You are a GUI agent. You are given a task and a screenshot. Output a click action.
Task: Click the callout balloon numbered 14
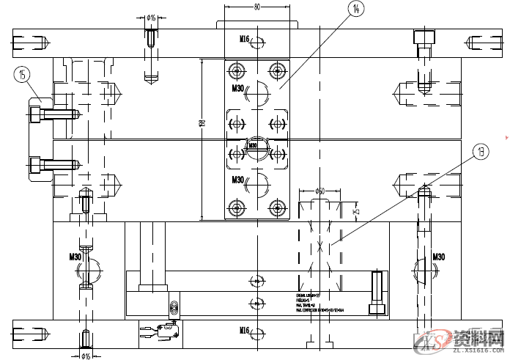pyautogui.click(x=355, y=9)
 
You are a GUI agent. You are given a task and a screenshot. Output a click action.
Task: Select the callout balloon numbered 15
pyautogui.click(x=23, y=73)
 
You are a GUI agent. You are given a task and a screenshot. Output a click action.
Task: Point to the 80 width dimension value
pyautogui.click(x=257, y=7)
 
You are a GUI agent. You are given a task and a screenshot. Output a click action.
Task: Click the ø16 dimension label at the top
pyautogui.click(x=151, y=17)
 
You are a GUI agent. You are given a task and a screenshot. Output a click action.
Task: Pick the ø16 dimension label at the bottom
pyautogui.click(x=86, y=356)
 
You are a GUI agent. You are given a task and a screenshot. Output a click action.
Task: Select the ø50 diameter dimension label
pyautogui.click(x=319, y=191)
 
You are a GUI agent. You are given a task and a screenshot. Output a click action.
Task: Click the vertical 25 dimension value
pyautogui.click(x=357, y=211)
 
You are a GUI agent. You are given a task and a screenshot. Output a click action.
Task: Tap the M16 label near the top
pyautogui.click(x=245, y=39)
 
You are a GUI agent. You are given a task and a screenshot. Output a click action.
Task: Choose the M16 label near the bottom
pyautogui.click(x=245, y=331)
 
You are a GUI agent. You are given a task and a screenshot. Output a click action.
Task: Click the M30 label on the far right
pyautogui.click(x=439, y=257)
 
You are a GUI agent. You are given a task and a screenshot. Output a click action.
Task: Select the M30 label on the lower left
pyautogui.click(x=75, y=257)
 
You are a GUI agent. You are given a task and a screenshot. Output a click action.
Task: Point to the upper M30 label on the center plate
pyautogui.click(x=238, y=89)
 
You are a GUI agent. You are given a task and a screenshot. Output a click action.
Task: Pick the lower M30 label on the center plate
pyautogui.click(x=238, y=180)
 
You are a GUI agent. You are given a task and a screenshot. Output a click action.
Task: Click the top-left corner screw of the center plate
pyautogui.click(x=236, y=70)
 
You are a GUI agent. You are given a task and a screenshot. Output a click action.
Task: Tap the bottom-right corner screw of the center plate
pyautogui.click(x=277, y=208)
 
